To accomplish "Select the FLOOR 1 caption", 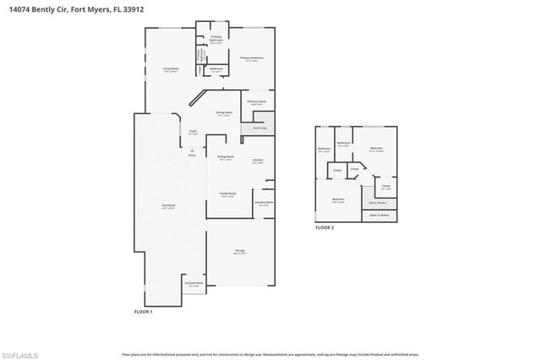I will point(143,312).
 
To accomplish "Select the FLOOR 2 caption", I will point(325,227).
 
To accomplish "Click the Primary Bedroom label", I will point(252,58).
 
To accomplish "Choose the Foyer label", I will point(193,131).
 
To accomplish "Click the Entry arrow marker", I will point(191,151).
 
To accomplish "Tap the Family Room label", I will point(228,194).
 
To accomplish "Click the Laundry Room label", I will point(262,203).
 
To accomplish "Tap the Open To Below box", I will point(379,215).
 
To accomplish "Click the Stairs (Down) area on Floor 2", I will point(378,203).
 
